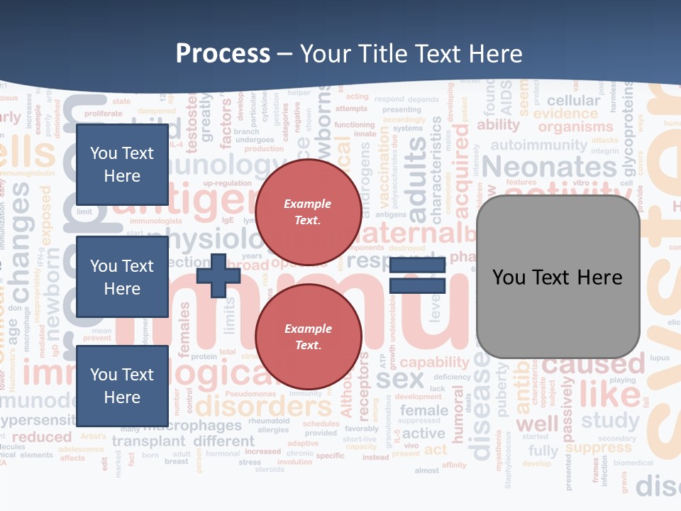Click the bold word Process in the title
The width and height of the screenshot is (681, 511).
(x=223, y=54)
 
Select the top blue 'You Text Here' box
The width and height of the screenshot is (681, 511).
(x=122, y=165)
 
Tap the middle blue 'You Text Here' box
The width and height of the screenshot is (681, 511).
(x=122, y=277)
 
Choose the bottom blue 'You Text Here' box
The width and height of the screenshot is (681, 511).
(x=122, y=386)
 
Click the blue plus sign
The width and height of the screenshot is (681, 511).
(x=218, y=276)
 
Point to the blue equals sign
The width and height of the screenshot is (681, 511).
(x=417, y=276)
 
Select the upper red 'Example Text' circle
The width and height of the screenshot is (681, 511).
(x=308, y=211)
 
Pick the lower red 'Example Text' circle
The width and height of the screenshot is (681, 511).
(x=308, y=336)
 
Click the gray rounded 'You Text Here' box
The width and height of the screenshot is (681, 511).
(x=558, y=277)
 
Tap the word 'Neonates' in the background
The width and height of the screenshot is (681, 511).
(x=549, y=167)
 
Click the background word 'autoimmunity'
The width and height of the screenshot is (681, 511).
(x=539, y=145)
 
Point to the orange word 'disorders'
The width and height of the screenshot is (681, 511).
(x=263, y=407)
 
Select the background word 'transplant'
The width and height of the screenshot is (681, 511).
(x=149, y=441)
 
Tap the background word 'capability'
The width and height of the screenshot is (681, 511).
(x=434, y=363)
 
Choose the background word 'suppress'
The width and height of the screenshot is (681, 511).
(x=599, y=448)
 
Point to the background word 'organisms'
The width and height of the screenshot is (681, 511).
(x=575, y=128)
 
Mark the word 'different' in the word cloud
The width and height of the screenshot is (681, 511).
(x=223, y=441)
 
